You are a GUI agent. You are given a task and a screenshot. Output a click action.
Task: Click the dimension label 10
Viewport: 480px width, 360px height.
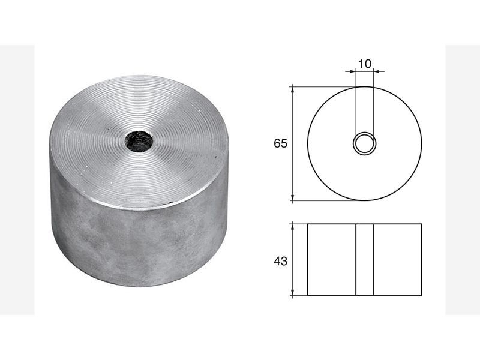click(x=365, y=64)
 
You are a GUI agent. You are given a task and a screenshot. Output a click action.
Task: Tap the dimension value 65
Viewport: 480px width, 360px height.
click(x=281, y=143)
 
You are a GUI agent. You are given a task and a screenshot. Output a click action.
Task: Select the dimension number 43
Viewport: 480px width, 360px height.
click(x=281, y=261)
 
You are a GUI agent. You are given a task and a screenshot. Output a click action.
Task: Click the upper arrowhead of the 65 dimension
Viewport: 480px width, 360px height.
click(x=293, y=90)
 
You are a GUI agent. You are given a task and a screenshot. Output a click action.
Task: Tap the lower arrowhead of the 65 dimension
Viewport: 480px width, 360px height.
click(x=293, y=197)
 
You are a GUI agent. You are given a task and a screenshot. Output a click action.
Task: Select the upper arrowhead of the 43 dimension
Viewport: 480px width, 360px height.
click(x=293, y=227)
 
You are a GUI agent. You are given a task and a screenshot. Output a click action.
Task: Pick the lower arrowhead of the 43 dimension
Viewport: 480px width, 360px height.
click(x=293, y=292)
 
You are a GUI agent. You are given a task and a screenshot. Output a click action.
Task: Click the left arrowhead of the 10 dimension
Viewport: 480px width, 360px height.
click(x=352, y=71)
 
